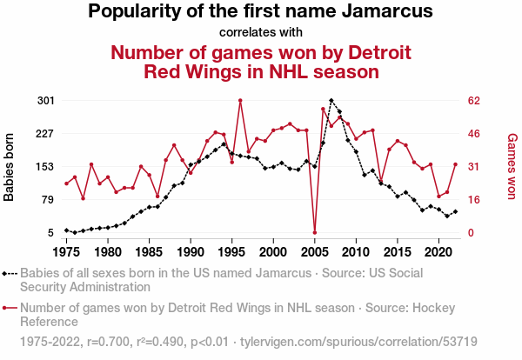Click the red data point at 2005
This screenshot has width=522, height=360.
coord(315,232)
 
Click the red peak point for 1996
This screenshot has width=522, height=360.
coord(240,100)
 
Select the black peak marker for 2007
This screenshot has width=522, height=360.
coord(331,100)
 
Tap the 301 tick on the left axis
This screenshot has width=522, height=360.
coord(45,100)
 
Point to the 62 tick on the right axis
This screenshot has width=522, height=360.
coord(474,100)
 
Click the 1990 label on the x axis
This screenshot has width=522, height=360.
coord(191,252)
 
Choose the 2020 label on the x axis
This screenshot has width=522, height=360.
coord(438,252)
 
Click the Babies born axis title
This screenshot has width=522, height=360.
coord(9,167)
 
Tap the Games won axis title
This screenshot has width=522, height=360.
coord(512,166)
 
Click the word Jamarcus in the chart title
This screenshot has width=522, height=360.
coord(387,11)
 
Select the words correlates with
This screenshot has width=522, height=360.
coord(261,32)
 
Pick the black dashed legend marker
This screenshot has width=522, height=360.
coord(10,274)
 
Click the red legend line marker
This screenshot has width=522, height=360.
coord(10,308)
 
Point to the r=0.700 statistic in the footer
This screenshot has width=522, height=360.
coord(108,342)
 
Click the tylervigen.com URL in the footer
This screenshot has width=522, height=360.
coord(358,342)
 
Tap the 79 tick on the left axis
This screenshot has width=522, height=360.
coord(48,200)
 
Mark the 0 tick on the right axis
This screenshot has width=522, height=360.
coord(471,232)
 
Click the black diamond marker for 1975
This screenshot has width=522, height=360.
coord(67,230)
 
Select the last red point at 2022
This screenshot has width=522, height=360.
coord(455,164)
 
